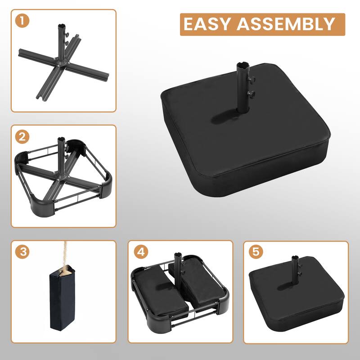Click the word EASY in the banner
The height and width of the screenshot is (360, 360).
[x=207, y=24]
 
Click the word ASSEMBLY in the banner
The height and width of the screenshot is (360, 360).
[x=286, y=24]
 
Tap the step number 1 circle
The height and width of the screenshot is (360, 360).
[x=22, y=21]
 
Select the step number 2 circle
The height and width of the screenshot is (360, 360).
[x=22, y=137]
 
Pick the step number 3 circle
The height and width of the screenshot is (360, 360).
[x=22, y=252]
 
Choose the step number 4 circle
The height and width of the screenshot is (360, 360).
[x=141, y=252]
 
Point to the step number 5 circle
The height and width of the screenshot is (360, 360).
[x=256, y=252]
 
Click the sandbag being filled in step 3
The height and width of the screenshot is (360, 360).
[x=62, y=298]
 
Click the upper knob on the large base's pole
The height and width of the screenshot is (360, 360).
[x=252, y=80]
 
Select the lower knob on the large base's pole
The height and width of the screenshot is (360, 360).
[x=251, y=94]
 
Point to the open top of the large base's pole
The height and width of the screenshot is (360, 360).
[x=243, y=64]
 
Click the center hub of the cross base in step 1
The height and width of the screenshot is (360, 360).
[x=61, y=63]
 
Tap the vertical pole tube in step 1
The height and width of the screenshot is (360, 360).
[x=62, y=41]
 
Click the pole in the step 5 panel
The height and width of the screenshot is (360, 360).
[x=296, y=271]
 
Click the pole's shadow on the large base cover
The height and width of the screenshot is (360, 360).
[x=226, y=117]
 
